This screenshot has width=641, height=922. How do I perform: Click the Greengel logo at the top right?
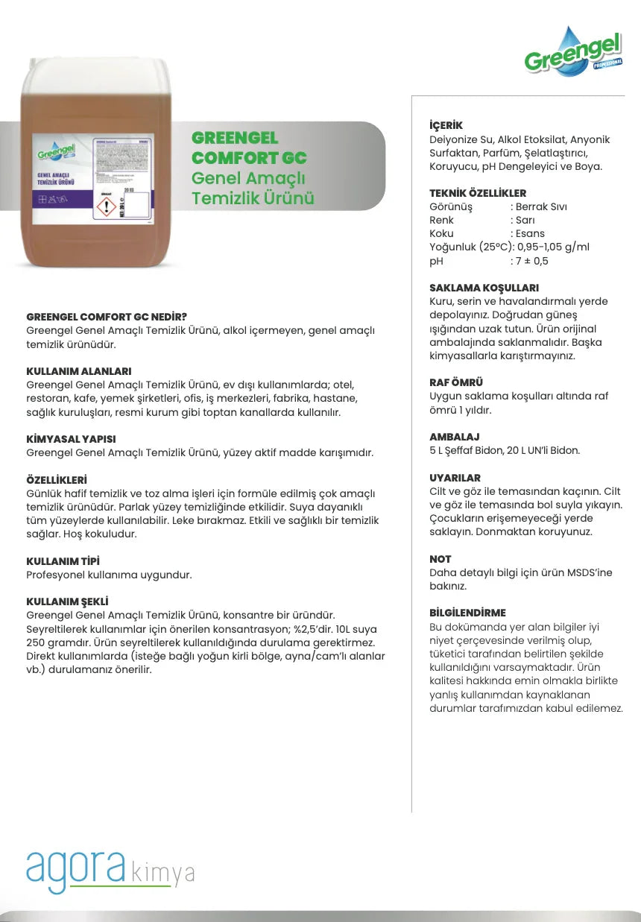click(572, 52)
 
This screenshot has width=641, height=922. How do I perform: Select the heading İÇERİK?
click(446, 126)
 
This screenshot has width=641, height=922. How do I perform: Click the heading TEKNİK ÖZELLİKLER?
click(478, 193)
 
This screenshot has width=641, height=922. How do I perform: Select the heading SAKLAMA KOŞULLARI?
click(484, 288)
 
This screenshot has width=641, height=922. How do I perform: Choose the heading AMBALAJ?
click(455, 437)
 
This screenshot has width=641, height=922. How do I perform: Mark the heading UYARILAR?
click(455, 478)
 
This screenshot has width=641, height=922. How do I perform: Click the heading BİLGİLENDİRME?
click(467, 613)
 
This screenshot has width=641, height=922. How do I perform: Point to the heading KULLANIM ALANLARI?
click(79, 370)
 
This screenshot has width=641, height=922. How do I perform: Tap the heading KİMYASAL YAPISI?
click(71, 439)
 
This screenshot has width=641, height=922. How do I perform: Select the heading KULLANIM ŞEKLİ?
click(72, 601)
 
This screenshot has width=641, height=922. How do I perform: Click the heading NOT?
click(441, 559)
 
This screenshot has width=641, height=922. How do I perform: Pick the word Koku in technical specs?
click(441, 233)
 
